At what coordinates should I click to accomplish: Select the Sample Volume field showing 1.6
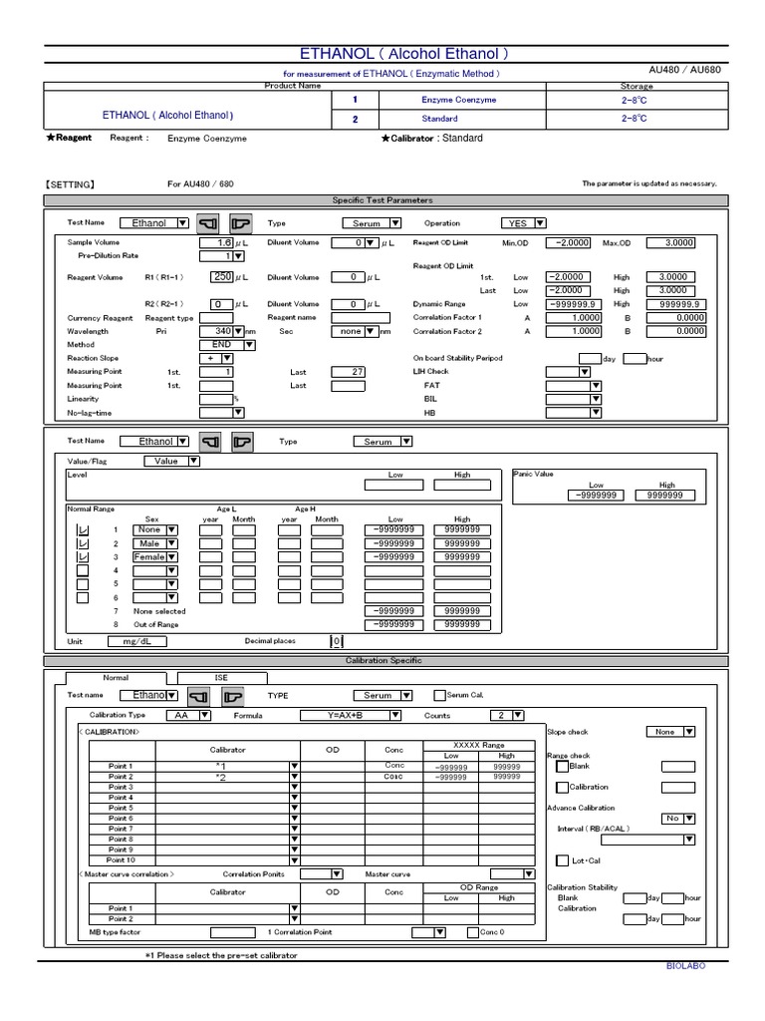coord(216,242)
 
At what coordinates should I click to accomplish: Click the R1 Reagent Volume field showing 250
coord(216,277)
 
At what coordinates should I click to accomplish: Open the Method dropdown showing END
coord(228,344)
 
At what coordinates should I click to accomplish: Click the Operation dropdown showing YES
coord(523,223)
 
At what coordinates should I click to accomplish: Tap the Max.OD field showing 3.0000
coord(670,242)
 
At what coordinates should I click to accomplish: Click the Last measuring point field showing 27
coord(343,371)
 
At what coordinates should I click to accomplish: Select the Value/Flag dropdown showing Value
coord(172,461)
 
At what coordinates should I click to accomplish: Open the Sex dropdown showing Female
coord(155,556)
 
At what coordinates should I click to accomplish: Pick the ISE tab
coord(221,677)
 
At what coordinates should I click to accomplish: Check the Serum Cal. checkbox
coord(439,695)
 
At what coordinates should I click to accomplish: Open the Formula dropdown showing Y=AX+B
coord(351,715)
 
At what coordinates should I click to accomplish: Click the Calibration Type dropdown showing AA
coord(191,715)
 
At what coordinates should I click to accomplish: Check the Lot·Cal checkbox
coord(561,859)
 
